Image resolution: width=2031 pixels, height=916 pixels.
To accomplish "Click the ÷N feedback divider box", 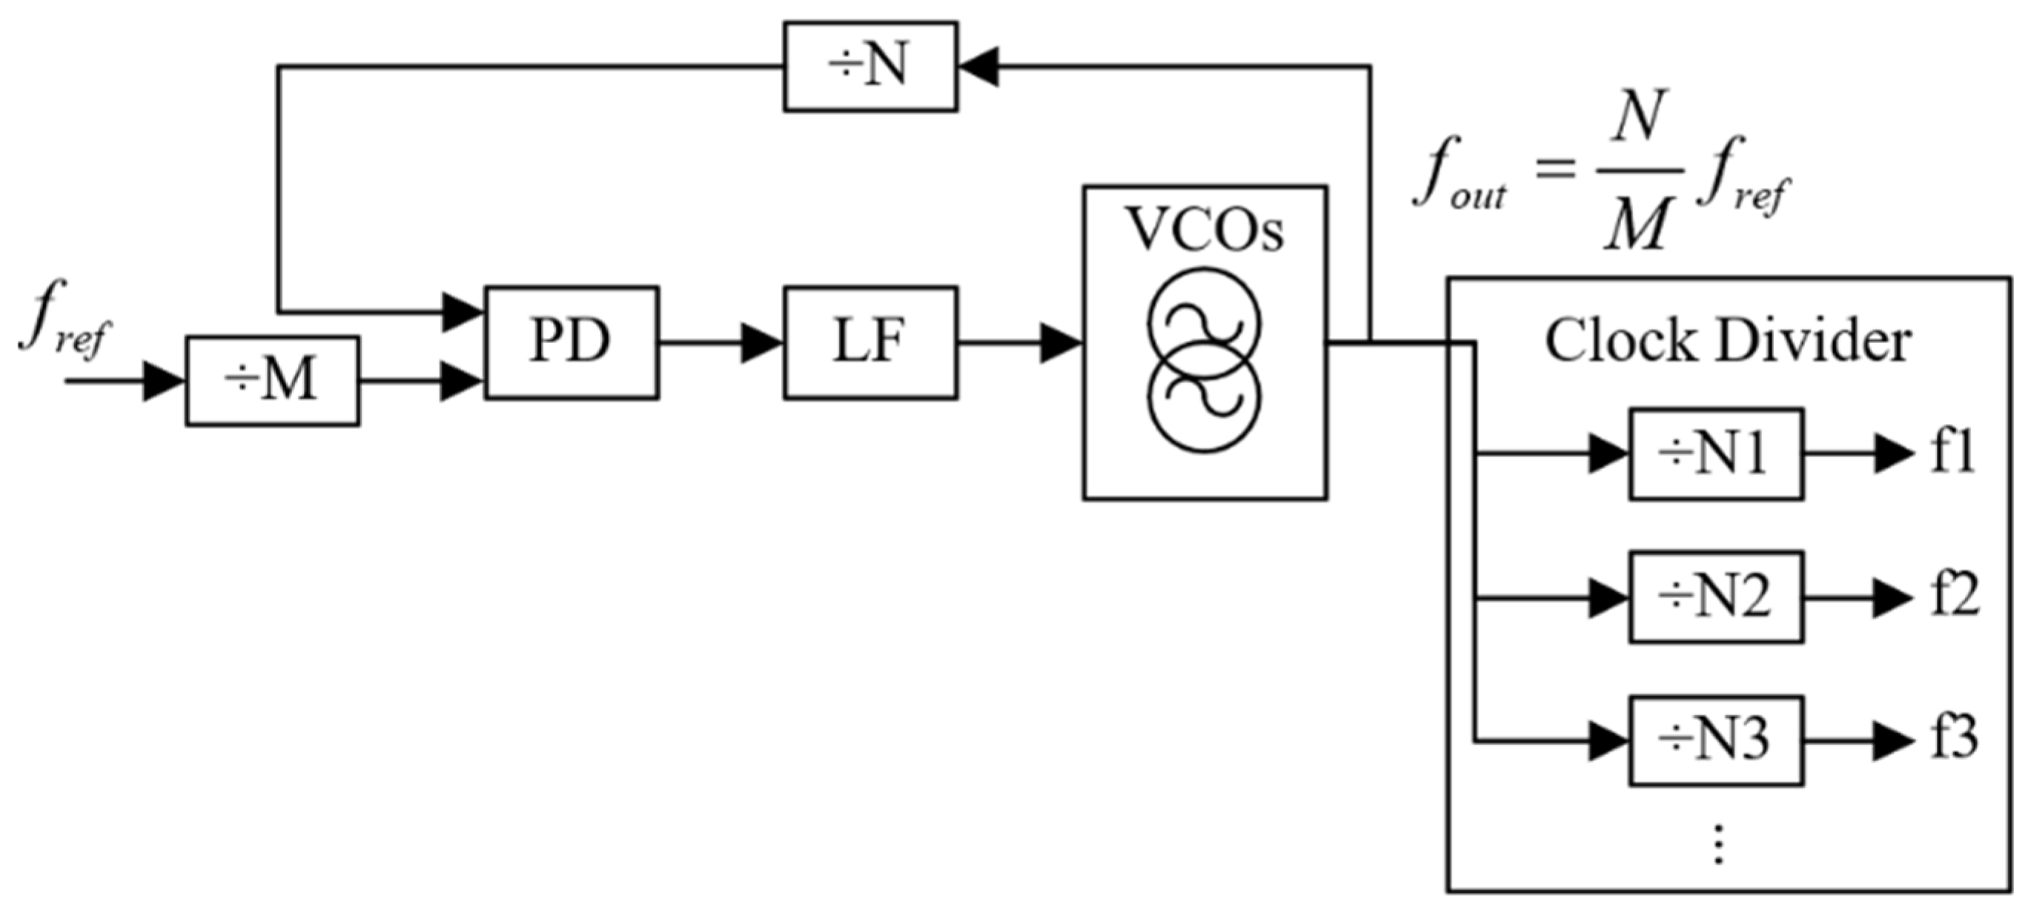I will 870,66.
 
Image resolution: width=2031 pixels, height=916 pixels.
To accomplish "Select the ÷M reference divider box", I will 273,381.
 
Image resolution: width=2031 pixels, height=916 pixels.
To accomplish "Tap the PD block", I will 571,342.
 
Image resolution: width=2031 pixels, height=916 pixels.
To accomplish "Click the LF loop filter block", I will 870,342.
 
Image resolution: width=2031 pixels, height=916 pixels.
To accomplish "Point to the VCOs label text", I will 1204,230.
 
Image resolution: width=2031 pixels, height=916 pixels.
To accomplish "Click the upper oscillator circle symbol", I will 1204,322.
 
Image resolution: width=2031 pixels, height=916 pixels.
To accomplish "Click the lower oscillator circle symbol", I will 1204,399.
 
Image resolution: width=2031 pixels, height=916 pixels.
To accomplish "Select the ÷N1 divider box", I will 1717,454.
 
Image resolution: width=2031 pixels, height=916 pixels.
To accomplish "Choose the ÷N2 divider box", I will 1717,597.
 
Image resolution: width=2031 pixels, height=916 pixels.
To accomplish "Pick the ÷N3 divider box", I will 1717,741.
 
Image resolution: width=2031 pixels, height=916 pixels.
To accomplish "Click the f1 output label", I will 1952,454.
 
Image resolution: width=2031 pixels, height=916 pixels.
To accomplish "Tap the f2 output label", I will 1954,597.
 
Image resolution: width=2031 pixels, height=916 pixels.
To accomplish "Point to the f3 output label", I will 1954,741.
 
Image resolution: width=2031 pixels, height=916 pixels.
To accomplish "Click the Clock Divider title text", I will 1727,342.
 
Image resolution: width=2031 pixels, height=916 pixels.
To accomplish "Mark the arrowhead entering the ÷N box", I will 978,66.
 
